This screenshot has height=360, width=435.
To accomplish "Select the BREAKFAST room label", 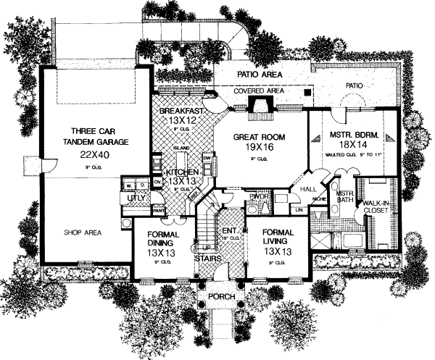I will point(180,112).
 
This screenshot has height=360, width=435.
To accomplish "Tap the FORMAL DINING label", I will point(163,240).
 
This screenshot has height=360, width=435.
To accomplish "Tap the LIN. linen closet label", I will point(299,209).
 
